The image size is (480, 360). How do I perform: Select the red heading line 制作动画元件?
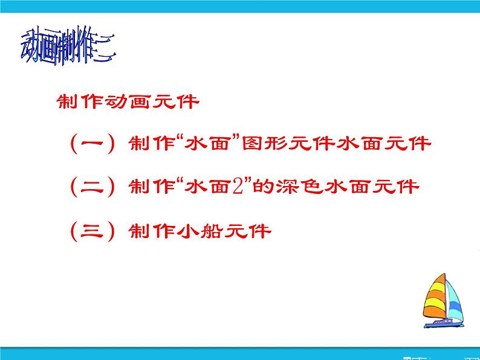pos(127,101)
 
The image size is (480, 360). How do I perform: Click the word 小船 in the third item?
pos(192,230)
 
